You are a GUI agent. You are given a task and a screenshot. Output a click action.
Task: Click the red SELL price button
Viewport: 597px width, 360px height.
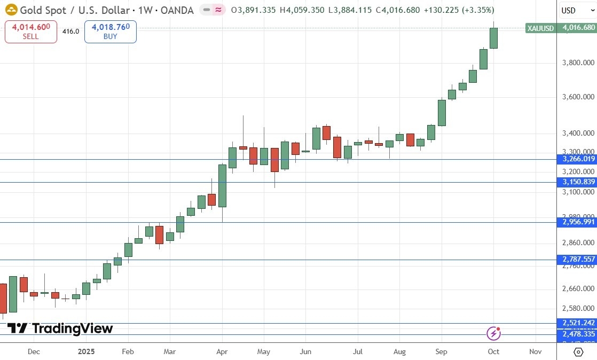click(x=31, y=32)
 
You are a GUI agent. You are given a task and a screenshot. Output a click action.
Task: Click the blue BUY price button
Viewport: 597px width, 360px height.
click(x=110, y=32)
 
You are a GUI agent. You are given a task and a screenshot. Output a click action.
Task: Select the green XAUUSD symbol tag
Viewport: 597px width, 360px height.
click(x=540, y=28)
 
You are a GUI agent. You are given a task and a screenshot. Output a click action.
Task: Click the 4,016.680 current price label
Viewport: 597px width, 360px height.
click(x=576, y=28)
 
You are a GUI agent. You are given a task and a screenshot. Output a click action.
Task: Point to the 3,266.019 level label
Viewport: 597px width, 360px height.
click(x=576, y=159)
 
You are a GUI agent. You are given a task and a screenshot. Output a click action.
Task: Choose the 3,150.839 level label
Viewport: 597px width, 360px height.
click(x=576, y=182)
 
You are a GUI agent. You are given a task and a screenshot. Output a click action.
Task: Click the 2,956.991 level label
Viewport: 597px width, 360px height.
click(x=576, y=222)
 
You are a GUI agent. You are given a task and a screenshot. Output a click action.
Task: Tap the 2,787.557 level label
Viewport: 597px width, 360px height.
click(x=576, y=259)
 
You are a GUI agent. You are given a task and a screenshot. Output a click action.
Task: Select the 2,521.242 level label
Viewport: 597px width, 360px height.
click(x=576, y=323)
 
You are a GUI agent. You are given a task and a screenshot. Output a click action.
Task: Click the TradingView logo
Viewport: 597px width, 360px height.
click(x=60, y=328)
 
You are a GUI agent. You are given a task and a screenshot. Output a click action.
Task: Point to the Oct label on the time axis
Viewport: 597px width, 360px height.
click(x=493, y=351)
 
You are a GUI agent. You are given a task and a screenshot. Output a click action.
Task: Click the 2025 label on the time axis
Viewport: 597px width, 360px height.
click(x=87, y=351)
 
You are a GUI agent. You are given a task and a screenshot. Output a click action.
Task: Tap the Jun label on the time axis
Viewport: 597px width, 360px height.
click(x=305, y=351)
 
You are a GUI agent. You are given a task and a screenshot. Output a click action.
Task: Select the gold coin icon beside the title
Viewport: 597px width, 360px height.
click(x=10, y=10)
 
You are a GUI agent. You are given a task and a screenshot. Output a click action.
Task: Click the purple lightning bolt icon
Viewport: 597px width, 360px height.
click(x=493, y=334)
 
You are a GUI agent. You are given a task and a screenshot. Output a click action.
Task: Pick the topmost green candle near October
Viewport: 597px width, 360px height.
click(x=493, y=38)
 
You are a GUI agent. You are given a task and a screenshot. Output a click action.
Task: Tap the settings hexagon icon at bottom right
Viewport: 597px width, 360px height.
click(x=578, y=351)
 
